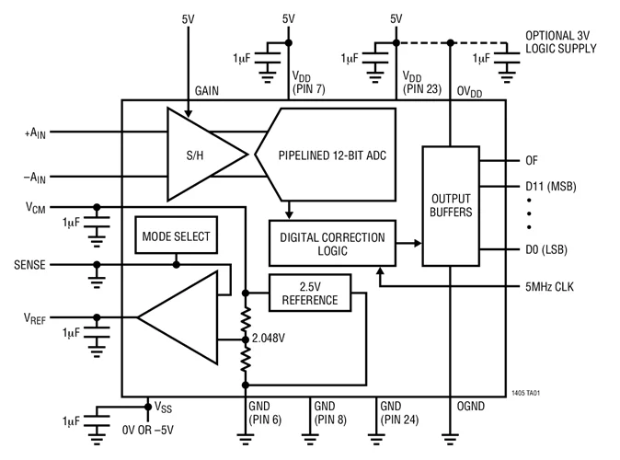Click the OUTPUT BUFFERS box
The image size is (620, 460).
click(x=450, y=205)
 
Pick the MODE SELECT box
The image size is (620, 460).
click(x=175, y=236)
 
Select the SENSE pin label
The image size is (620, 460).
click(x=33, y=264)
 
